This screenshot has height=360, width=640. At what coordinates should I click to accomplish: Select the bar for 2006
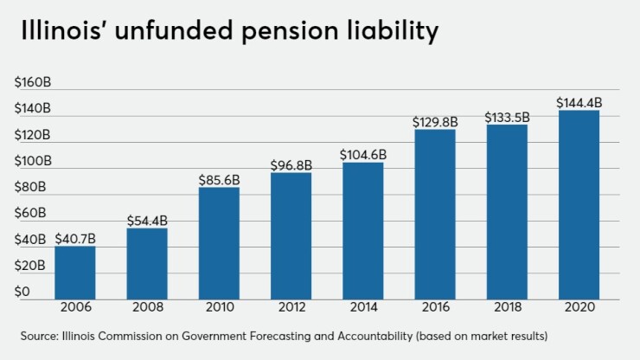point(75,273)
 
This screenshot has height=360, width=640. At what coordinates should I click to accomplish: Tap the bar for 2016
point(435,214)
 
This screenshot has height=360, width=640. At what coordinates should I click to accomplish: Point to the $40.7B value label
point(75,239)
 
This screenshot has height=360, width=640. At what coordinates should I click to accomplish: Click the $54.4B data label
point(147,221)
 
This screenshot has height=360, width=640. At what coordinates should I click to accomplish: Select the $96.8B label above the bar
point(291,164)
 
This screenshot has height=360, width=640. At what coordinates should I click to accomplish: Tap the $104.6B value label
point(363,155)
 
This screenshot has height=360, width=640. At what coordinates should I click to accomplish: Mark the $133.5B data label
point(507,117)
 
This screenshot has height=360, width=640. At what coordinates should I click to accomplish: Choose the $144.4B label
point(579,103)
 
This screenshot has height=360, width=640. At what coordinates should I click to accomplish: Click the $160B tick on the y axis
point(33,83)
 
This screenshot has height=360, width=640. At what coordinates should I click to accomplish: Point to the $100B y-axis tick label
point(33,161)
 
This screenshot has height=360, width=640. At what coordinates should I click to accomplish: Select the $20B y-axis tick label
point(30,266)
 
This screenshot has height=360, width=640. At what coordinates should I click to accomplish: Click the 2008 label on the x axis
point(147,308)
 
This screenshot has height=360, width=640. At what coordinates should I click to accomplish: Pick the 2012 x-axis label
point(291,308)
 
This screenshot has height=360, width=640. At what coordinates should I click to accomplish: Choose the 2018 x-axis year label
point(507,308)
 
